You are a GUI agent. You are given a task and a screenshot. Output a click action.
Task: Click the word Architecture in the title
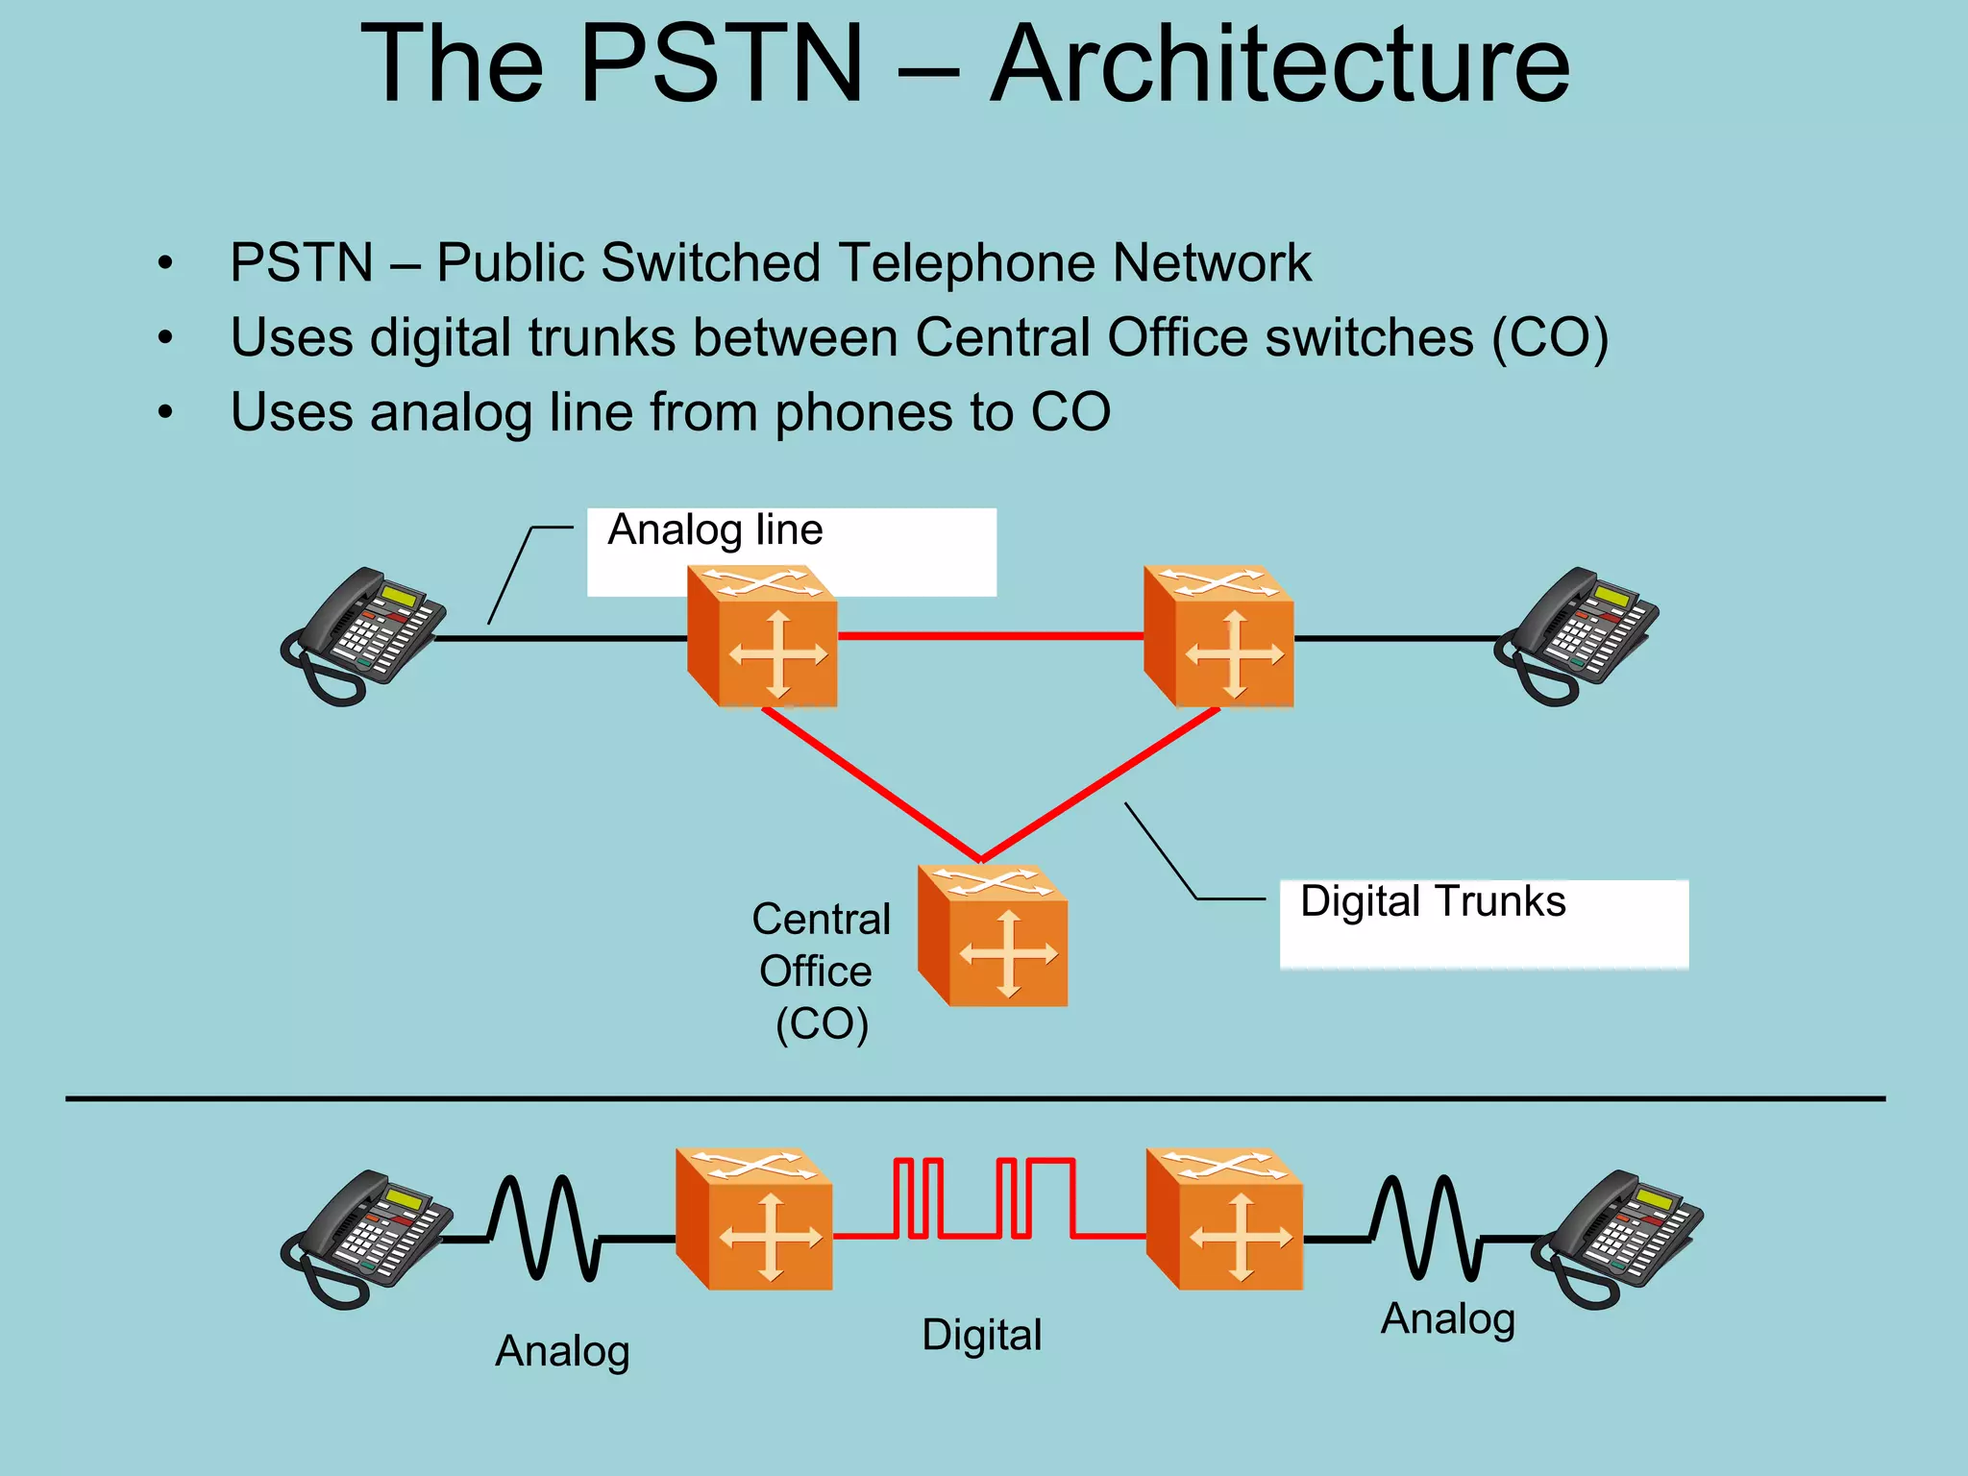click(1280, 65)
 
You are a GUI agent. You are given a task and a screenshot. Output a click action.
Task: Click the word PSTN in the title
click(722, 65)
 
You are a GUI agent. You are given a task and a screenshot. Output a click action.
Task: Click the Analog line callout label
click(715, 530)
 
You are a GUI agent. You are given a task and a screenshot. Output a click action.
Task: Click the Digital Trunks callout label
click(1432, 902)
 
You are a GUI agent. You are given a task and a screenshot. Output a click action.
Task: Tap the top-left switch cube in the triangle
click(763, 637)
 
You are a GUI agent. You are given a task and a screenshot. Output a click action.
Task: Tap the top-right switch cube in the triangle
click(1218, 637)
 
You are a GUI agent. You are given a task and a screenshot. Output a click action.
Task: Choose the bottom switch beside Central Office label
click(993, 936)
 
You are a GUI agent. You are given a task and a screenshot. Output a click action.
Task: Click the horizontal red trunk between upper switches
click(990, 636)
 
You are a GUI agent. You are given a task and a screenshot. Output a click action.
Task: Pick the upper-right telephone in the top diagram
click(1576, 635)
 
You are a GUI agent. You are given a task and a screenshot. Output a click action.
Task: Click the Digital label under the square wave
click(981, 1336)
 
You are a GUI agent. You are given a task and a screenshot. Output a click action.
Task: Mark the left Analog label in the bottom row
click(562, 1352)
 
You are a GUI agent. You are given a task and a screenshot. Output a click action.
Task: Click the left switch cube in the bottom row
click(754, 1218)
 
